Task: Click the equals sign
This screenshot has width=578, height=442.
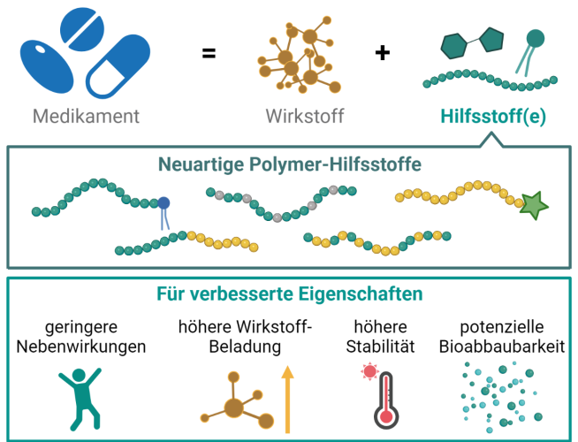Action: tap(209, 53)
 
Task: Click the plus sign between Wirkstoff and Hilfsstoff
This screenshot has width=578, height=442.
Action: tap(382, 53)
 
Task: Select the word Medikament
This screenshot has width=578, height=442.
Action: tap(86, 116)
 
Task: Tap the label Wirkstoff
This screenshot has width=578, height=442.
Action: tap(305, 116)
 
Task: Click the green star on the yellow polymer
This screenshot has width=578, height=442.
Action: tap(534, 205)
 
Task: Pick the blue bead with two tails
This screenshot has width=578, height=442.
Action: tap(163, 204)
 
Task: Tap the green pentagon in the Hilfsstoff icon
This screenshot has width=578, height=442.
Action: tap(491, 40)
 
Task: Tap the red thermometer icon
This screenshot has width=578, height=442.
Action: tap(382, 397)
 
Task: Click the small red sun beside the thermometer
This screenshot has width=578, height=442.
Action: tap(369, 371)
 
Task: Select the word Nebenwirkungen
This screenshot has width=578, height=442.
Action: tap(82, 346)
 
